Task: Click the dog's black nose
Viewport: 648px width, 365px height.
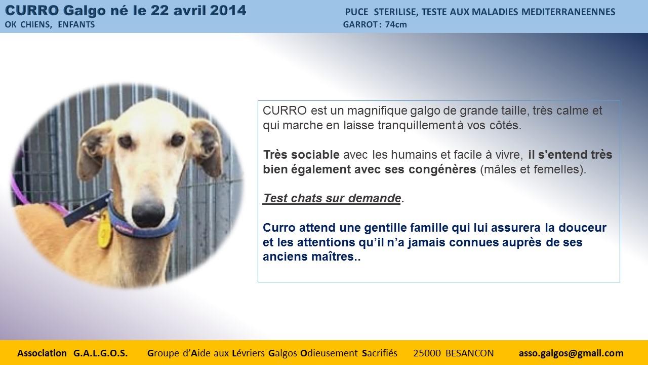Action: click(x=148, y=214)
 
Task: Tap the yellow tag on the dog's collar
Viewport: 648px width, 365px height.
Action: click(x=104, y=230)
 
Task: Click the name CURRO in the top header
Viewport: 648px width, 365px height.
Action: click(x=32, y=11)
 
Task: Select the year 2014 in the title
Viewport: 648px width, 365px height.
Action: click(x=228, y=11)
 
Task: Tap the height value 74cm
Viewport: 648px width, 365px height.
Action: click(x=396, y=25)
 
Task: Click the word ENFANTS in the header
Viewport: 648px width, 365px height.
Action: click(x=76, y=25)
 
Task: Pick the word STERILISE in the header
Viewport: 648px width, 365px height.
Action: click(x=395, y=12)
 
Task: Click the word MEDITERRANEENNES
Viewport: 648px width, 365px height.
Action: click(x=568, y=12)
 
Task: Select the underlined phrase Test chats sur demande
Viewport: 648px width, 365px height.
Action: click(x=332, y=198)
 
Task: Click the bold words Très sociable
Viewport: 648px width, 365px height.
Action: click(x=301, y=155)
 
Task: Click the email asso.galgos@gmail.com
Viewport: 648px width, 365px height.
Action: click(x=571, y=353)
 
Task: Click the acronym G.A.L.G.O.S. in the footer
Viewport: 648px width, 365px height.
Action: click(x=100, y=353)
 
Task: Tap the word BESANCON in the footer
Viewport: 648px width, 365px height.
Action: click(x=470, y=353)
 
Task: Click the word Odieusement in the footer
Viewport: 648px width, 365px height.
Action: click(x=329, y=353)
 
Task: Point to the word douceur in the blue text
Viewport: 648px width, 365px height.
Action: click(x=582, y=228)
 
